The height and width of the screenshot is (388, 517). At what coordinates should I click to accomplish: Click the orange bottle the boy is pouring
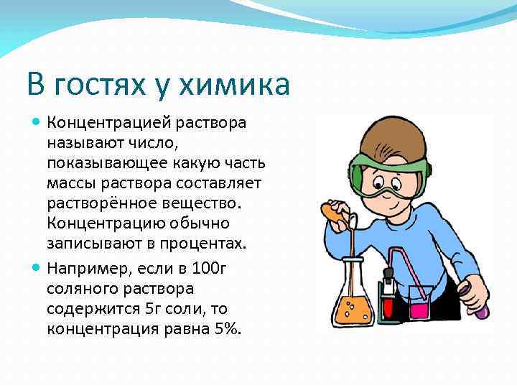(332, 213)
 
